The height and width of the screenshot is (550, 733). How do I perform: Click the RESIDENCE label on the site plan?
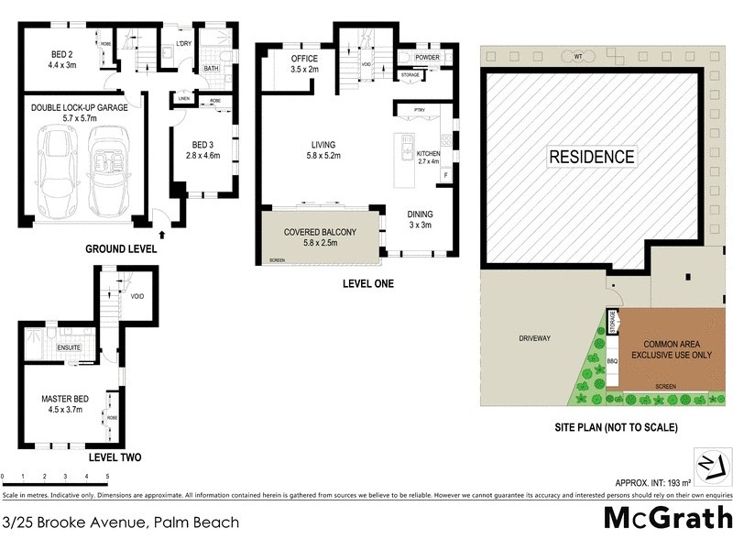(591, 157)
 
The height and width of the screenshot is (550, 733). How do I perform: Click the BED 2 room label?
(62, 59)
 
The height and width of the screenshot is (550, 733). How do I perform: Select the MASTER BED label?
(61, 400)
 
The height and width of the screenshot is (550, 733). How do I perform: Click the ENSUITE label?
(70, 348)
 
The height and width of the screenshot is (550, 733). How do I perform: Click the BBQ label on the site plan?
(613, 362)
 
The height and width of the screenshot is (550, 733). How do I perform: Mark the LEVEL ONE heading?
(367, 284)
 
